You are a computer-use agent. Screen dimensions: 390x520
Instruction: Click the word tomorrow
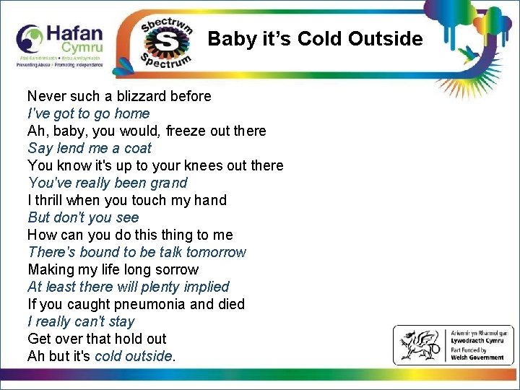(216, 252)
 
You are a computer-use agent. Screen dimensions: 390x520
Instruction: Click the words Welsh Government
(477, 357)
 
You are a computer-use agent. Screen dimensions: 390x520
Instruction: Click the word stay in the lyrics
(121, 321)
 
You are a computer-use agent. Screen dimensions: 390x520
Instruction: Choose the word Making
(51, 269)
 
